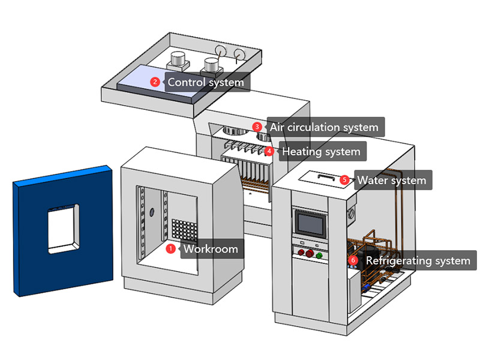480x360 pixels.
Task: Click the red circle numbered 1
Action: pyautogui.click(x=170, y=248)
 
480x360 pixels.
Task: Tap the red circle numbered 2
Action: pyautogui.click(x=155, y=82)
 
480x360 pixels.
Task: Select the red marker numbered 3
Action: pyautogui.click(x=257, y=127)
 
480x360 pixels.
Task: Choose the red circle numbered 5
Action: pyautogui.click(x=344, y=179)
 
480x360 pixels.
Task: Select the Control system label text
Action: pyautogui.click(x=205, y=82)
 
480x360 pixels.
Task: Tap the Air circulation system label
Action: pyautogui.click(x=324, y=127)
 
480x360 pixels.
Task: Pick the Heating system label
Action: pyautogui.click(x=321, y=151)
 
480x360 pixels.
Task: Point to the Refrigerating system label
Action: pyautogui.click(x=418, y=261)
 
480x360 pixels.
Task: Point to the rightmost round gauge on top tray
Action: pyautogui.click(x=241, y=55)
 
